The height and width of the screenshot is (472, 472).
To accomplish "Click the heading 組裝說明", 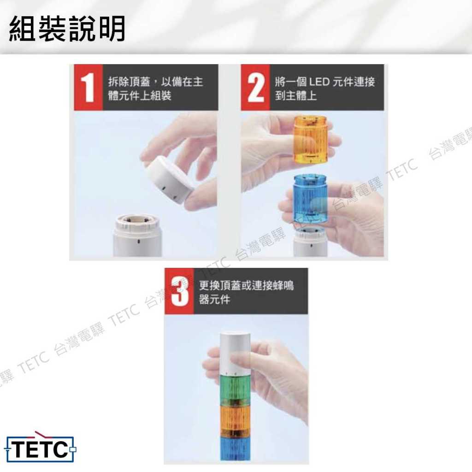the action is click(67, 29).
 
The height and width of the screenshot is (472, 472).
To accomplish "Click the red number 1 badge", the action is click(88, 87).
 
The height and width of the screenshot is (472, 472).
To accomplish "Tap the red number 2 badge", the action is click(255, 87).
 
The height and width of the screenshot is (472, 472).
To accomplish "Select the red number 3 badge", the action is click(179, 291).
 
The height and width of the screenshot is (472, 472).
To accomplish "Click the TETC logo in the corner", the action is click(41, 448).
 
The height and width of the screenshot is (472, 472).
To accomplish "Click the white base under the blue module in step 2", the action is click(310, 242).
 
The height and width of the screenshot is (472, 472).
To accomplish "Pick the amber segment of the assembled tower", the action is click(236, 420).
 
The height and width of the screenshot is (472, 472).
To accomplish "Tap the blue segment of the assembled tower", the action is click(236, 448).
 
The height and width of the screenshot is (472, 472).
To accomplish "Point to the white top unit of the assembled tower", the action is click(236, 353).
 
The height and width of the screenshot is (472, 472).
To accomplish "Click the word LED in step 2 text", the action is click(319, 82).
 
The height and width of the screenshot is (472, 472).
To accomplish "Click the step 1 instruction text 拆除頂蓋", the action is click(130, 82).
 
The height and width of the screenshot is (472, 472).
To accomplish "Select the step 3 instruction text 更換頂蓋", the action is click(219, 285).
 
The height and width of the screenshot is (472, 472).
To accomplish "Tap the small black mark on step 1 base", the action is click(139, 242).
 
